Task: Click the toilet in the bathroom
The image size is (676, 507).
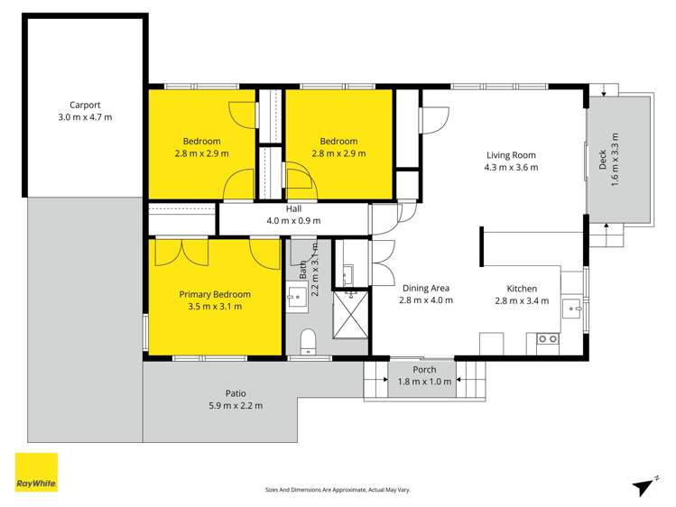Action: coord(307,339)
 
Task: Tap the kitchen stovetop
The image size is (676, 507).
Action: coord(547,340)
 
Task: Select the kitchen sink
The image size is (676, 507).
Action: coord(572,309)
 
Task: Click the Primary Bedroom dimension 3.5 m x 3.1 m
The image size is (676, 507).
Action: coord(214,307)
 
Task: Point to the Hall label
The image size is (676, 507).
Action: coord(293,208)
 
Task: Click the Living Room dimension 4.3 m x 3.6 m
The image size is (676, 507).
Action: coord(511,167)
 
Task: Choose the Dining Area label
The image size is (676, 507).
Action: coord(426,289)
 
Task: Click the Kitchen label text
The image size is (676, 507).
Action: coord(522,289)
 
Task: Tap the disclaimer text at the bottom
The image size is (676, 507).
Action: coord(338,490)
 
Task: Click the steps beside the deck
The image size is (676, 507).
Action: coord(614,235)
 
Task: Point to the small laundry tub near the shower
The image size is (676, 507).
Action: coord(347,273)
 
